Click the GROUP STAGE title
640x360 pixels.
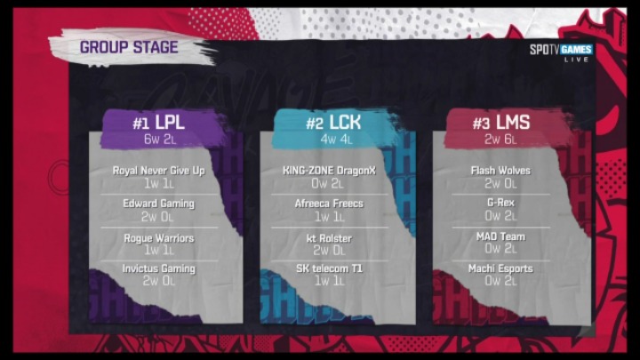(129, 47)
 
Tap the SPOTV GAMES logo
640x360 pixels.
(561, 52)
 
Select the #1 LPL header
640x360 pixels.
(158, 122)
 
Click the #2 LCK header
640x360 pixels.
(333, 122)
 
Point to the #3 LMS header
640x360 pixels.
(501, 122)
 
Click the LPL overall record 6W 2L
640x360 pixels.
(160, 140)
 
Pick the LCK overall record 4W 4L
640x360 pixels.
(336, 140)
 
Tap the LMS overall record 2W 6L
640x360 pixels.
(500, 140)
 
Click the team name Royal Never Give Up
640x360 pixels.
(159, 171)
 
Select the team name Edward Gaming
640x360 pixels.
(159, 204)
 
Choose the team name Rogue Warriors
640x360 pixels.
(159, 238)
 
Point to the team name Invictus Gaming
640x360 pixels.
(159, 268)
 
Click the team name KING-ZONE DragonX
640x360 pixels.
(329, 171)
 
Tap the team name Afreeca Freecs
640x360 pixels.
(329, 204)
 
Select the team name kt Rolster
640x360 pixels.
(329, 238)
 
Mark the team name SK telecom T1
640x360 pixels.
(329, 268)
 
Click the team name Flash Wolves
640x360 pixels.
(500, 171)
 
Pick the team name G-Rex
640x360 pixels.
(500, 203)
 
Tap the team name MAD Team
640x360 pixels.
(500, 236)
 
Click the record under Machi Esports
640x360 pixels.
(500, 281)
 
